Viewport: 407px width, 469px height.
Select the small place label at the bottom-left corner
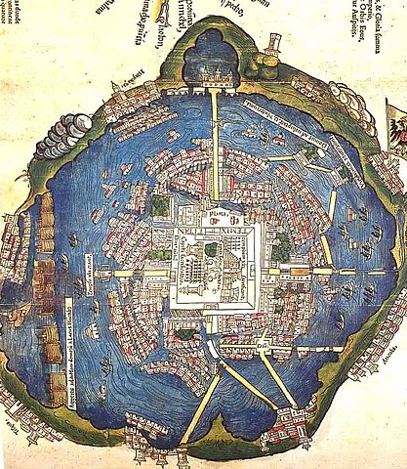[x=13, y=429]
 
